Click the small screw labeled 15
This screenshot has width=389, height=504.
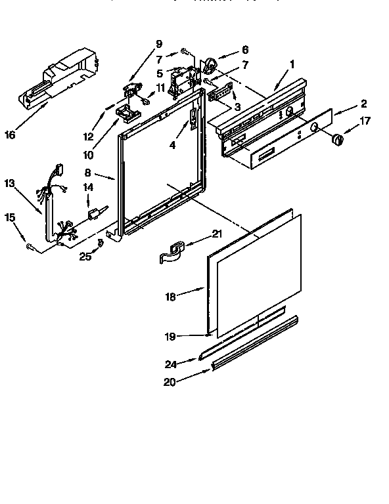(30, 247)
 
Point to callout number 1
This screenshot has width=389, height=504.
(291, 64)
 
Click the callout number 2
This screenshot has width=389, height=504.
(363, 103)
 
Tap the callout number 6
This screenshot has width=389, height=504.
(245, 49)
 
